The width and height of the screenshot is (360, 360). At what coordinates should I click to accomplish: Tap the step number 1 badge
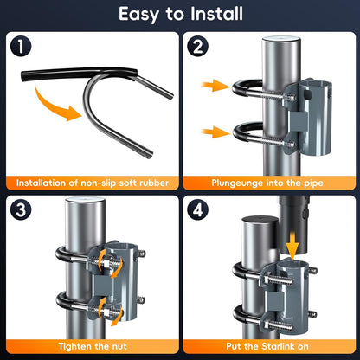pyautogui.click(x=21, y=46)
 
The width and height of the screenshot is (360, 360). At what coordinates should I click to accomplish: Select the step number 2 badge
pyautogui.click(x=197, y=46)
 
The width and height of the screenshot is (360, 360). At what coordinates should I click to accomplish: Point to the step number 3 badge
pyautogui.click(x=21, y=209)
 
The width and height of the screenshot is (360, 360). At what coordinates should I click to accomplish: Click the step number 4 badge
pyautogui.click(x=197, y=209)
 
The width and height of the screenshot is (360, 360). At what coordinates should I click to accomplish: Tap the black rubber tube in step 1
pyautogui.click(x=78, y=74)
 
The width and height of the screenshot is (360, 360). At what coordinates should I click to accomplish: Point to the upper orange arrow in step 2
pyautogui.click(x=215, y=86)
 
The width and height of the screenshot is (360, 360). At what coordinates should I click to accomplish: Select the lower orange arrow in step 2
pyautogui.click(x=215, y=132)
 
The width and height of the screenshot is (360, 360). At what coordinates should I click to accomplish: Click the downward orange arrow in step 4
pyautogui.click(x=292, y=246)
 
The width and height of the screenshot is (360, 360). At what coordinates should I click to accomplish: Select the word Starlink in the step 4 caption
pyautogui.click(x=280, y=346)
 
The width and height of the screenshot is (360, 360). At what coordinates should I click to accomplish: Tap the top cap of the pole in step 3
pyautogui.click(x=85, y=200)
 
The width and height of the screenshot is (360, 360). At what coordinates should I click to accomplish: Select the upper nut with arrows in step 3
pyautogui.click(x=106, y=263)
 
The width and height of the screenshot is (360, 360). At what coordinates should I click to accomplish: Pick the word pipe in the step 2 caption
pyautogui.click(x=313, y=183)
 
